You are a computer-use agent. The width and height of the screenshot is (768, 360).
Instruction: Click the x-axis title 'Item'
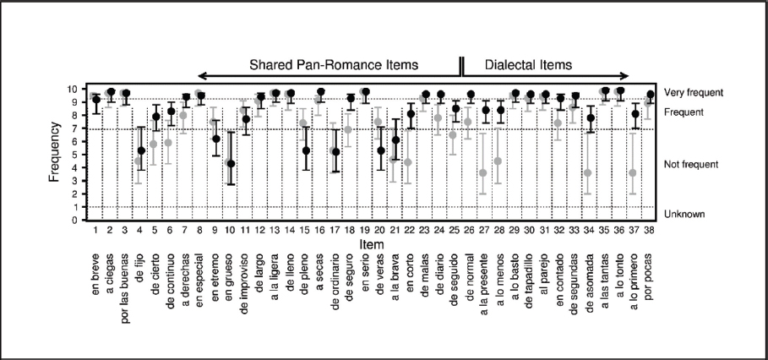point(373,244)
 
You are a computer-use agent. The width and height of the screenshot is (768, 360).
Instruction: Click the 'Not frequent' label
point(691,164)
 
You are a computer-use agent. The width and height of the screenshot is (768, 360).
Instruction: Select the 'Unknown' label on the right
point(684,215)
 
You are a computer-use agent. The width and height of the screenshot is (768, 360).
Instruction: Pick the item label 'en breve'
point(96,273)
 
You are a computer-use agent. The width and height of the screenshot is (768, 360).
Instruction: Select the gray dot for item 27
point(483,172)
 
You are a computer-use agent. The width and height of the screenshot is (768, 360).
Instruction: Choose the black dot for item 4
point(142,150)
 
